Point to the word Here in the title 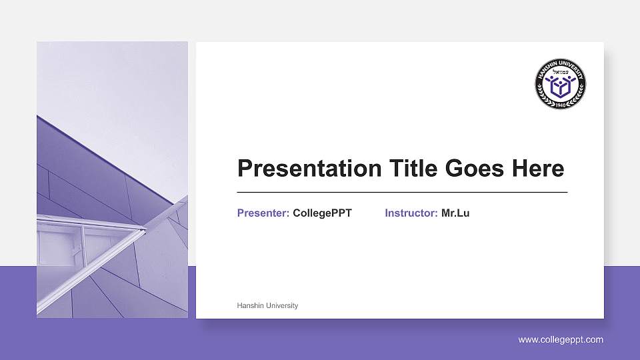(x=538, y=169)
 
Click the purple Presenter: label (x=263, y=213)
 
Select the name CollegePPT (x=322, y=213)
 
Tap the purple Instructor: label (x=411, y=213)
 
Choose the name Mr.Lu (x=455, y=213)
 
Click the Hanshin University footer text (x=267, y=305)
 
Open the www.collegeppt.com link (x=561, y=340)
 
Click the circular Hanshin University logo (x=560, y=84)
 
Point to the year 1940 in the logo (x=560, y=104)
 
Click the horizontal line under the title (x=402, y=192)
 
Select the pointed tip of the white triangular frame (x=145, y=231)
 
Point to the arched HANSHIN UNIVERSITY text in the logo (x=560, y=66)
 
